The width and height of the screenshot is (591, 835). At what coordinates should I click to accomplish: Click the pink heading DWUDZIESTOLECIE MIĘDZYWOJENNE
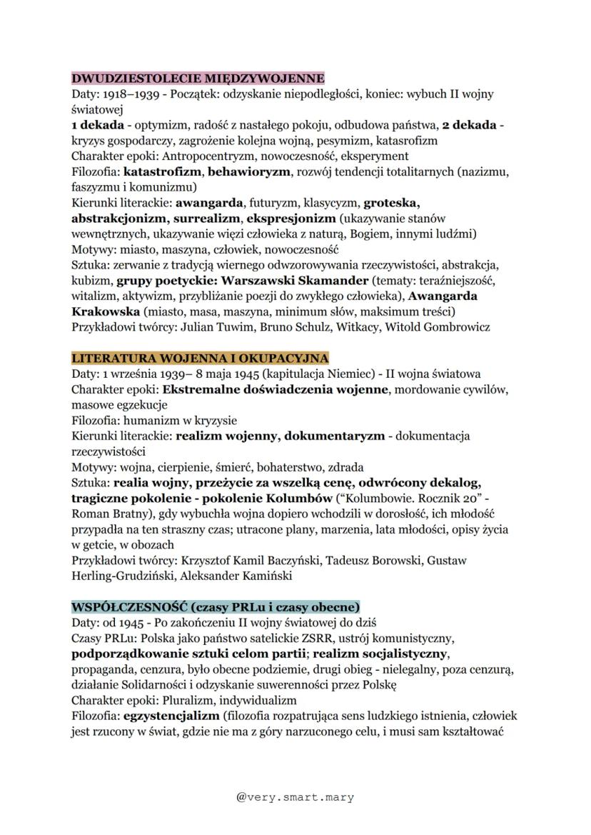click(x=198, y=78)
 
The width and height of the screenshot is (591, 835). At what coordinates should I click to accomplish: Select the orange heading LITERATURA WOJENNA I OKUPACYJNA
click(x=200, y=357)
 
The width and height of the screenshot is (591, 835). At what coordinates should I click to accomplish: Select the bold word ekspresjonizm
click(x=291, y=218)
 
